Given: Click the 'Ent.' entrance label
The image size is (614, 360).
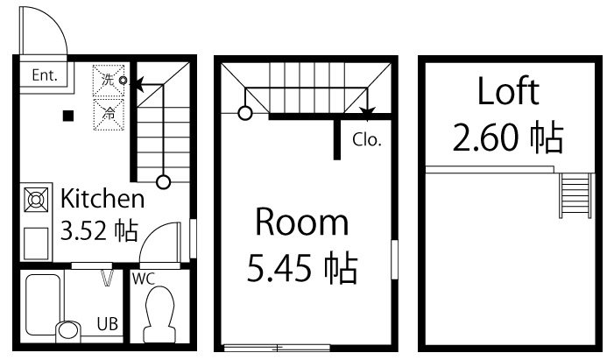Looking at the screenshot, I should click(x=44, y=75).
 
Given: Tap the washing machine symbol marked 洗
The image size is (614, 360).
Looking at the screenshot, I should click(x=109, y=79).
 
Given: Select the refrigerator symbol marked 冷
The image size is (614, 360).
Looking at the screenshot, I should click(x=109, y=111).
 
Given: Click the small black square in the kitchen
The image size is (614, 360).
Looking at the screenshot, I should click(x=68, y=115).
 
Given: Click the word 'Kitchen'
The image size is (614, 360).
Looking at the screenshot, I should click(x=102, y=198).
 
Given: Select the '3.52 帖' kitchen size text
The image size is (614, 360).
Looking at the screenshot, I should click(x=98, y=231).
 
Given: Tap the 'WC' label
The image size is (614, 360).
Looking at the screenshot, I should click(x=144, y=279).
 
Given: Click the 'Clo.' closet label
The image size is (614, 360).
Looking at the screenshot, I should click(x=367, y=140).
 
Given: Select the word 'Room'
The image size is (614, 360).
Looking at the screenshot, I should click(x=301, y=224).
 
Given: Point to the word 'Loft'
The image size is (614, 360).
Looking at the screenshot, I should click(x=508, y=91).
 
